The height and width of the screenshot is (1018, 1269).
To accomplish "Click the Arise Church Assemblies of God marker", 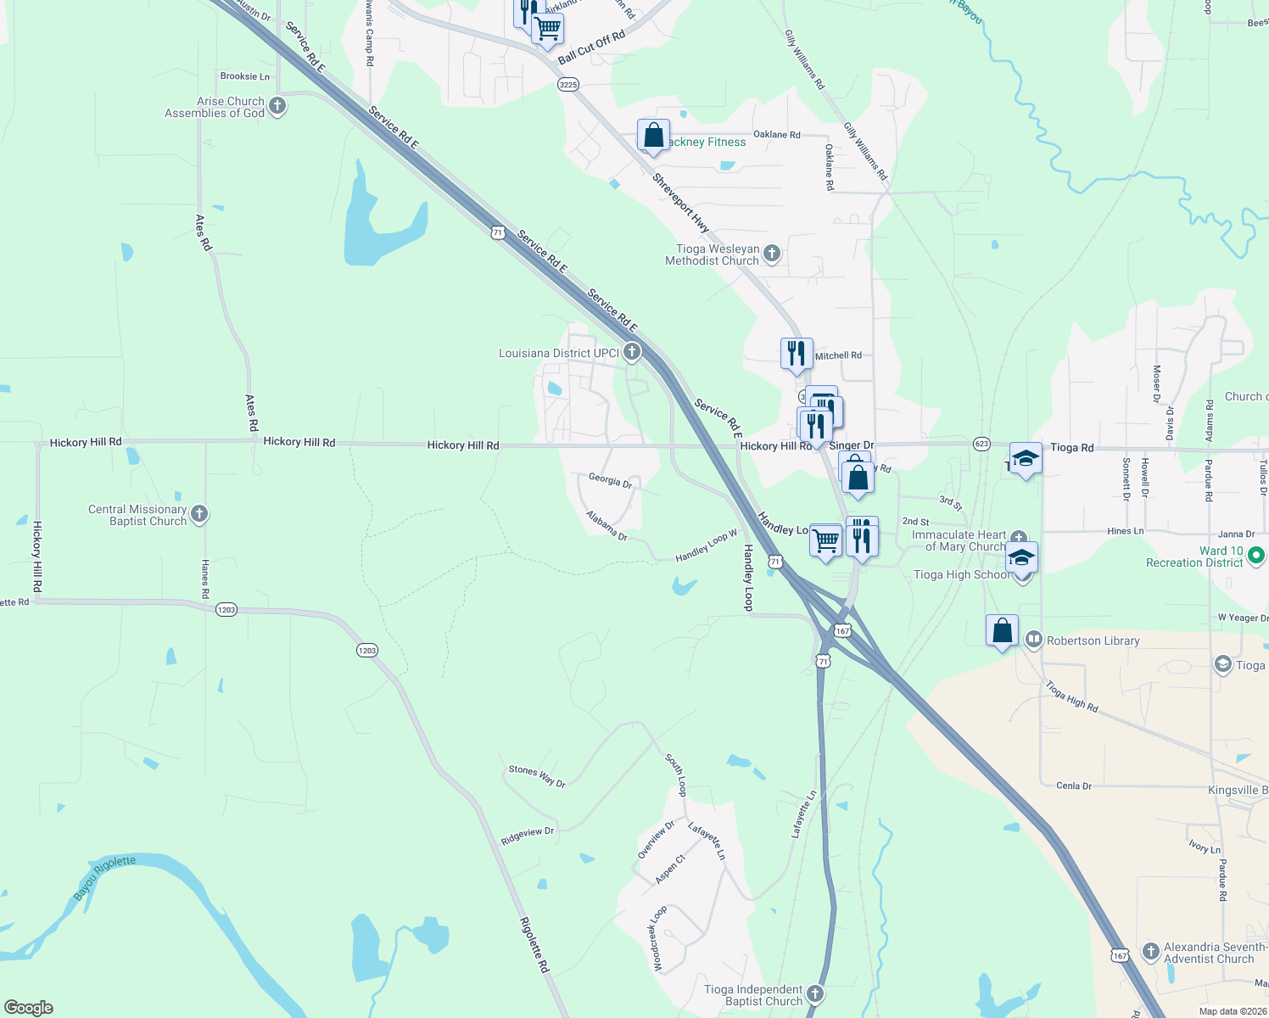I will coord(277,107).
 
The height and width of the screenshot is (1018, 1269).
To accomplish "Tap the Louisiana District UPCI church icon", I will coord(631,352).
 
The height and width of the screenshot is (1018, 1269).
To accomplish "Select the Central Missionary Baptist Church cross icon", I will coord(199,514).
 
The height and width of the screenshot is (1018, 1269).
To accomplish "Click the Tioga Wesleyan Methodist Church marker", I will coord(772,253).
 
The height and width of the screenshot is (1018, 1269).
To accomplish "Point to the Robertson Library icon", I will coord(1033,640).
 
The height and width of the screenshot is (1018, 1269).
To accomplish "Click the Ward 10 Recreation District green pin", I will coord(1256,556).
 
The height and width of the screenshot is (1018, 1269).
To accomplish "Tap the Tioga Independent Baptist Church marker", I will coord(814,993).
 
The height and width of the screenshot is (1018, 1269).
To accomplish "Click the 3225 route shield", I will coord(567,84).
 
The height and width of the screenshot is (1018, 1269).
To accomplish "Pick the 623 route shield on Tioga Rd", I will coord(981,444).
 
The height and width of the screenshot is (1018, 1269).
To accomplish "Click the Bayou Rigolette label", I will coord(104,878).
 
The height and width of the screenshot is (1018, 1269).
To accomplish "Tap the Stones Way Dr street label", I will coord(537,775).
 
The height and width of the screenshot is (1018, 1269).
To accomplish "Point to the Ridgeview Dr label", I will coord(527,836).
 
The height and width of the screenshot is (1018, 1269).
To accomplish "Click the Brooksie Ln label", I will coord(244,76).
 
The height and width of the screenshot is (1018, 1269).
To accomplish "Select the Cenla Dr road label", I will coord(1074,786).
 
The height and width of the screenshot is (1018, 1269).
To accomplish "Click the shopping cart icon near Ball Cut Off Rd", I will coord(548,29).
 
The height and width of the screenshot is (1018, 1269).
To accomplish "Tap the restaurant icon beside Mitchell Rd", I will coord(797,353).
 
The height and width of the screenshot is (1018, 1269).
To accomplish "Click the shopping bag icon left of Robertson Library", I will coord(1002,631).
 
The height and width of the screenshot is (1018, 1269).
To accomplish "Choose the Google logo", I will coord(28,1007).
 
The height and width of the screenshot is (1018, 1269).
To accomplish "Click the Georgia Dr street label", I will coord(610,480).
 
